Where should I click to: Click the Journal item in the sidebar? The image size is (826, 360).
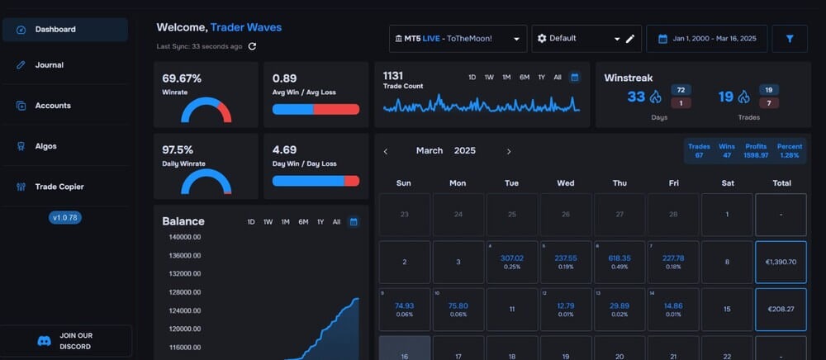point(49,65)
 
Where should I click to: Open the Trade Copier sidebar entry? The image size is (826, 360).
point(59,187)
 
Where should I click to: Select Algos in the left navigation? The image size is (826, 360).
point(45,146)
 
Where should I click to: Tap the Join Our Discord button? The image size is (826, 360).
point(66,341)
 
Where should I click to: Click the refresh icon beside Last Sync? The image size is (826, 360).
point(252,46)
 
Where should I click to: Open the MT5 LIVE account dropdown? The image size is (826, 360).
point(458,39)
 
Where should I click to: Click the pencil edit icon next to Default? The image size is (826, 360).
point(630,39)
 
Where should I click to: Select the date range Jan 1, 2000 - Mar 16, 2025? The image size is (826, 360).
point(707,39)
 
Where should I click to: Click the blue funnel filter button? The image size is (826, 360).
point(790,39)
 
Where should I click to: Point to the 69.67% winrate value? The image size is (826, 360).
point(183,79)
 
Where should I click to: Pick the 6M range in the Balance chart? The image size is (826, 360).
point(303,222)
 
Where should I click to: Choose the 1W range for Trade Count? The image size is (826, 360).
point(489,78)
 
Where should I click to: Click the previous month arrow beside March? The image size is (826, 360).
point(386,151)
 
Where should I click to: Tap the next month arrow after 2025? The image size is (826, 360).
point(509,151)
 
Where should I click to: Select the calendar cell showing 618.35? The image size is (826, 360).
point(619,262)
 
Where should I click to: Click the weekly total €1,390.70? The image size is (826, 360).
point(781,262)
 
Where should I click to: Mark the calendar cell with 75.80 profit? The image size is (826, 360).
point(458,309)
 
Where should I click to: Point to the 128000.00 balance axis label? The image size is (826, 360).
point(185,292)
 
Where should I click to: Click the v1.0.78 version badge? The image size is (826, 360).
point(65,218)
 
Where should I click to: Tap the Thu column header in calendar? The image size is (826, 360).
point(619,183)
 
